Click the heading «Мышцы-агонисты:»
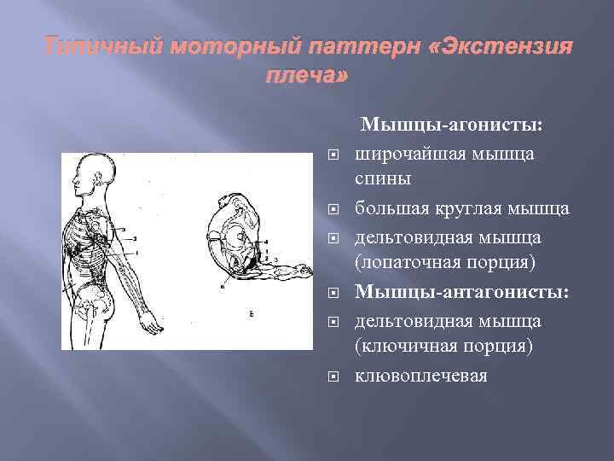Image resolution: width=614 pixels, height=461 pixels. pyautogui.click(x=452, y=125)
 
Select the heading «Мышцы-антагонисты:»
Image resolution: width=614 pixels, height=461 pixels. pyautogui.click(x=462, y=293)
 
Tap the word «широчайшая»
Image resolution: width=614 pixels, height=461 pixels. pyautogui.click(x=408, y=154)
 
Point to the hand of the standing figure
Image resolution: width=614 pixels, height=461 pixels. pyautogui.click(x=150, y=324)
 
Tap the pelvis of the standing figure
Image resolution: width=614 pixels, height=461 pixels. pyautogui.click(x=89, y=295)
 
